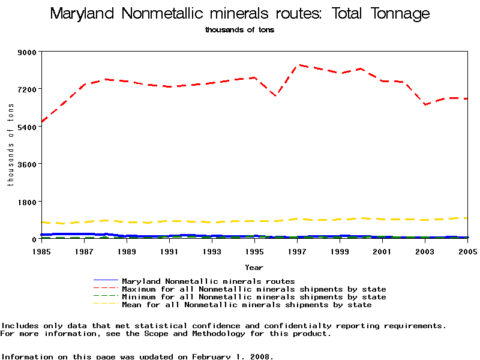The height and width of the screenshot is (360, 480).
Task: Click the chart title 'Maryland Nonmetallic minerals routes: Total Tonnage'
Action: [x=240, y=13]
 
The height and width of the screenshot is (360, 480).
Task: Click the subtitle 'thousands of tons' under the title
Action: [x=239, y=29]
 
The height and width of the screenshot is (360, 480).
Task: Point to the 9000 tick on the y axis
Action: [x=28, y=52]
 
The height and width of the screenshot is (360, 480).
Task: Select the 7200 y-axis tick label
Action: [x=28, y=89]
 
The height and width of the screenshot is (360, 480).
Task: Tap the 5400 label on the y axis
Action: [x=28, y=127]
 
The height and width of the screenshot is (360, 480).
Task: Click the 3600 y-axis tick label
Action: [x=28, y=164]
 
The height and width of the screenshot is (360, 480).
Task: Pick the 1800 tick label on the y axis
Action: [x=28, y=202]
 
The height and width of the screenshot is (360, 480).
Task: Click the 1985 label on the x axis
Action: [x=41, y=251]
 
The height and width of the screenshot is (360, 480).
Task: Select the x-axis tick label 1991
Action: [x=170, y=251]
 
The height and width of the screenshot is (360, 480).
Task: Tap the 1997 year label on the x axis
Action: [x=298, y=251]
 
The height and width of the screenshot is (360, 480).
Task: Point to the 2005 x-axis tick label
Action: [x=467, y=251]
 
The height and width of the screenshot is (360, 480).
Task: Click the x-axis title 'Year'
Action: [x=254, y=267]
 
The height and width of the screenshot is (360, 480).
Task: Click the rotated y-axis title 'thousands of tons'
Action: [x=11, y=145]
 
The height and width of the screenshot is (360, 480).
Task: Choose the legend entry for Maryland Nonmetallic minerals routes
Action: [x=208, y=281]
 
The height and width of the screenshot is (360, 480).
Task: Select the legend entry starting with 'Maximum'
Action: [x=254, y=289]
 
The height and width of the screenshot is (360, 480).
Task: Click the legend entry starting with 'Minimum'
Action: [x=254, y=297]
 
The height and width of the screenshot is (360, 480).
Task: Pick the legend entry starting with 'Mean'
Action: [x=247, y=305]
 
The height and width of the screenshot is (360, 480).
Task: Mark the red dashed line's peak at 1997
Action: [x=298, y=65]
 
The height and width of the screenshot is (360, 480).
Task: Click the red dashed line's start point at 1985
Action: [x=41, y=122]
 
